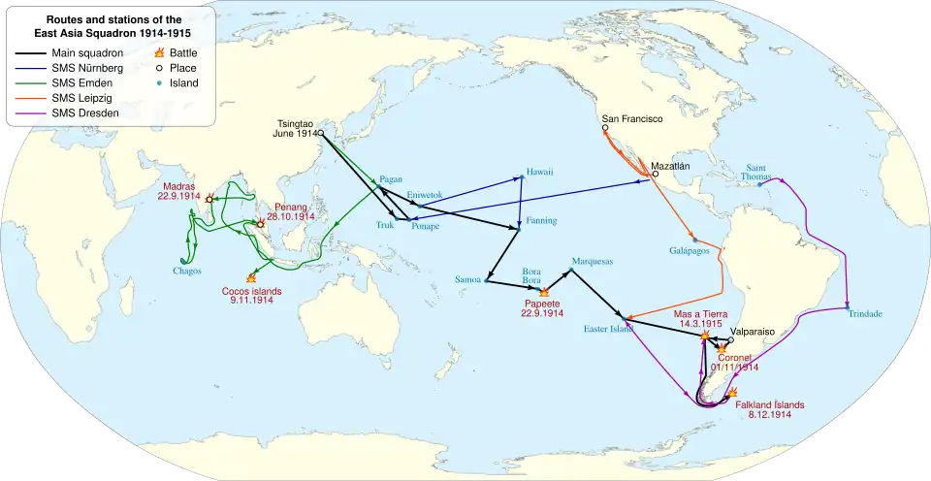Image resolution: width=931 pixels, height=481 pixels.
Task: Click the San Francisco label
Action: (x=631, y=119)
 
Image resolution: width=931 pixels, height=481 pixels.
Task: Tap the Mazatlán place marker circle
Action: (x=656, y=175)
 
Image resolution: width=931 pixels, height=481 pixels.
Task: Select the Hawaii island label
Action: (x=539, y=172)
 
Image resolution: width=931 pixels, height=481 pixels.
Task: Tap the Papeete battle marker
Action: (x=543, y=291)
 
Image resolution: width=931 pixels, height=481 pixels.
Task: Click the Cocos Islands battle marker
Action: (x=251, y=278)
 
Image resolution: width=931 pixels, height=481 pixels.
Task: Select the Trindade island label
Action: (x=865, y=314)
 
